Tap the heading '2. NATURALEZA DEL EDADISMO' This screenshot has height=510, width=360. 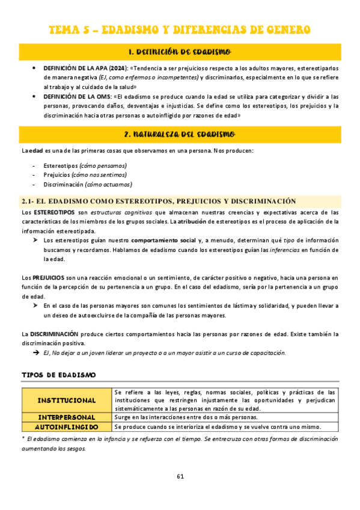click(x=180, y=134)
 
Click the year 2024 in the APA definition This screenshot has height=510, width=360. click(x=117, y=68)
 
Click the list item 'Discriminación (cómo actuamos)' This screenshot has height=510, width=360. click(x=87, y=185)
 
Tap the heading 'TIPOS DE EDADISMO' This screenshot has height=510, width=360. click(x=58, y=375)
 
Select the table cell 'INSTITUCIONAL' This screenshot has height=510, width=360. click(x=67, y=400)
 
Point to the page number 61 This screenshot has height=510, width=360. click(x=180, y=476)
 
